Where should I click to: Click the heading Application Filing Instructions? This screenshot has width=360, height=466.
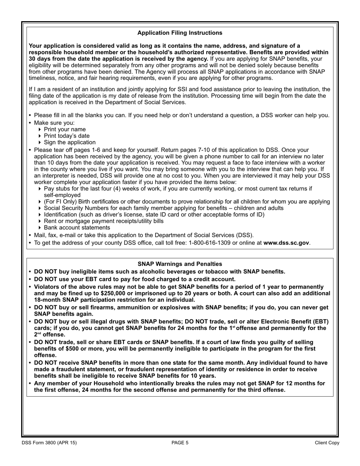[180, 33]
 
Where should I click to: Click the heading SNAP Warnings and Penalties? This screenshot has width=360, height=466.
[180, 264]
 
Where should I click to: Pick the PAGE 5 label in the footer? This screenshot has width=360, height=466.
[180, 443]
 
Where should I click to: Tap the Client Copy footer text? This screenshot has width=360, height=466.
[327, 443]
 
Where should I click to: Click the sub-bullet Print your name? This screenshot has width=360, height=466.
[65, 129]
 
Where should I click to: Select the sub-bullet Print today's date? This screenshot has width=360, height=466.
[67, 136]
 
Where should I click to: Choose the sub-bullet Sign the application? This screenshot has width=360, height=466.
[70, 142]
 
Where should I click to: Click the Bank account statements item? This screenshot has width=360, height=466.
[77, 228]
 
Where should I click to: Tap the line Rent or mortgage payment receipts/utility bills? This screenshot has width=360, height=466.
[103, 221]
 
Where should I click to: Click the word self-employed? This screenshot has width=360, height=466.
[62, 195]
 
